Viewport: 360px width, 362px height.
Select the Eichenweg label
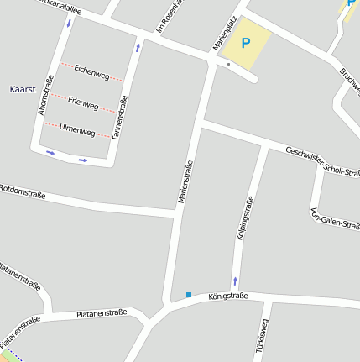[x=91, y=72]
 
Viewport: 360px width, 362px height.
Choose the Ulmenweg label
[x=77, y=129]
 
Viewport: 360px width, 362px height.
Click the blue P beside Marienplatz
[x=246, y=42]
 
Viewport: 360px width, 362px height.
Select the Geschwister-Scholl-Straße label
[x=324, y=163]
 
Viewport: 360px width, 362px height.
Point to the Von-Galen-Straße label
[x=335, y=218]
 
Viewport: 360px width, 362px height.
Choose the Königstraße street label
[x=227, y=296]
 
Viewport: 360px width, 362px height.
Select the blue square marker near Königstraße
[x=189, y=295]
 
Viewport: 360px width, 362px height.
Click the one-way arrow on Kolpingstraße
[x=235, y=280]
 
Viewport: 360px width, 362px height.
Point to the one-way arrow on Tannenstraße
[x=137, y=48]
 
